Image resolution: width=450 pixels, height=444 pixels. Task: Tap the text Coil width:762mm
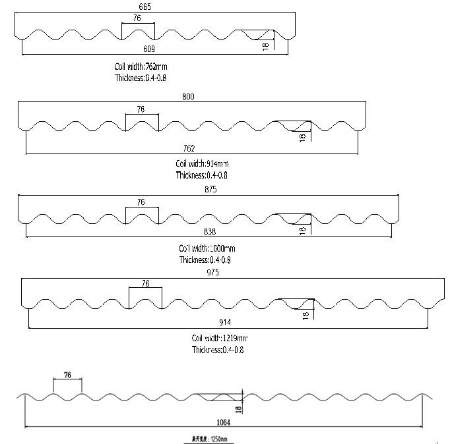click(x=145, y=67)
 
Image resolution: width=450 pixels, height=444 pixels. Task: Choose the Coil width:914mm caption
click(x=202, y=163)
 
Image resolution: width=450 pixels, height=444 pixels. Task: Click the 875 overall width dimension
click(x=210, y=189)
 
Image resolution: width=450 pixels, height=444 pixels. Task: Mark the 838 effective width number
click(x=210, y=232)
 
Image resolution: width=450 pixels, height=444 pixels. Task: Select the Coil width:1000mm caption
click(x=207, y=248)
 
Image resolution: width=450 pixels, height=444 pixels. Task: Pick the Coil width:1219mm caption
click(x=220, y=338)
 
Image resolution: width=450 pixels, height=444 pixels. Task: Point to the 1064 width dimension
click(x=223, y=422)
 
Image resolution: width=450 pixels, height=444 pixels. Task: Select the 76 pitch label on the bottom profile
click(x=67, y=375)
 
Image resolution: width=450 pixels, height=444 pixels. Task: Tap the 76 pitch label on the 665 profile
click(x=137, y=18)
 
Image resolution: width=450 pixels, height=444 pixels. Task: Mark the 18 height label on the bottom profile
click(x=238, y=408)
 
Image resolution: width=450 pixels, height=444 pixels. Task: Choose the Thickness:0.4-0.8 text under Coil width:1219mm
click(x=218, y=350)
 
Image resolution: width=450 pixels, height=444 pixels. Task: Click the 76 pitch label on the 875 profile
click(x=141, y=203)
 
